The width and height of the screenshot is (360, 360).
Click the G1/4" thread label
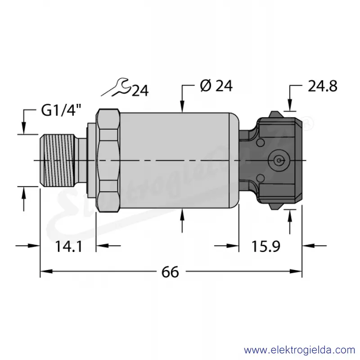pyautogui.click(x=61, y=110)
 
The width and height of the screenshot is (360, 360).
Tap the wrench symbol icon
pyautogui.click(x=117, y=87)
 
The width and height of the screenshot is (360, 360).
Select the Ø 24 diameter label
pyautogui.click(x=216, y=86)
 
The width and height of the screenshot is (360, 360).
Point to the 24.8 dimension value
pyautogui.click(x=322, y=86)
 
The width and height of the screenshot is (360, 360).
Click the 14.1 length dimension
pyautogui.click(x=69, y=247)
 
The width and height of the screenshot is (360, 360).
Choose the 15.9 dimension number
pyautogui.click(x=266, y=246)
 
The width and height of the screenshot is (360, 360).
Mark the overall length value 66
pyautogui.click(x=170, y=272)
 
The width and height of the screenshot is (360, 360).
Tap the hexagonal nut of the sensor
pyautogui.click(x=108, y=161)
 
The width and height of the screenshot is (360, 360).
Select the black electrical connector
pyautogui.click(x=271, y=161)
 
